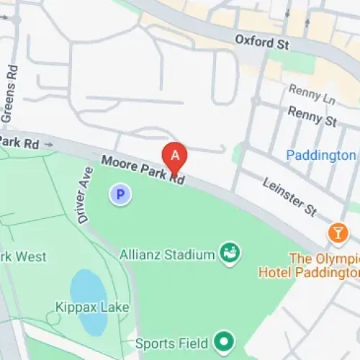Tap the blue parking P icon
click(x=120, y=194)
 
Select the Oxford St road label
click(x=261, y=43)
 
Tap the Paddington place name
click(x=320, y=155)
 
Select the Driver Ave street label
click(x=84, y=194)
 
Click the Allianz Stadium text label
click(x=176, y=254)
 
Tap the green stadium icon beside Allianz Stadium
click(x=230, y=253)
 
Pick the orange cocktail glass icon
click(x=337, y=233)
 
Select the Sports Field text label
click(x=173, y=341)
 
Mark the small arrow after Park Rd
click(x=49, y=144)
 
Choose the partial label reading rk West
click(x=23, y=256)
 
